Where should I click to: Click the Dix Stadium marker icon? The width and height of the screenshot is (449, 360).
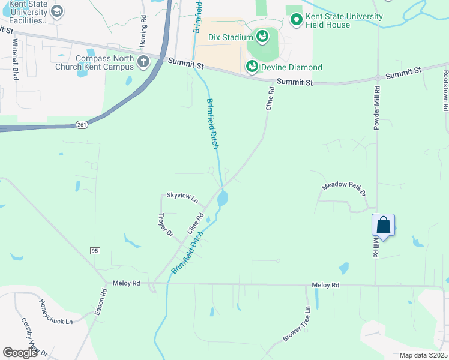pos(262,37)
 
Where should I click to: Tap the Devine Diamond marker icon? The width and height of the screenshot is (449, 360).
pos(252,67)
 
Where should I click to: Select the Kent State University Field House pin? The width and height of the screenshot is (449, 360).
pos(296,20)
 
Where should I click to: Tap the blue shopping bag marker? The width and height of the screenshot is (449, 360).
pos(384,226)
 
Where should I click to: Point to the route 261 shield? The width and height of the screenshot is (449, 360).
pos(82,125)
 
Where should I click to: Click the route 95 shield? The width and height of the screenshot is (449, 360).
pos(95,250)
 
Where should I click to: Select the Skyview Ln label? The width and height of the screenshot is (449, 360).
pos(182,197)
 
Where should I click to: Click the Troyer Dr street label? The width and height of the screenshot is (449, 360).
pos(165,224)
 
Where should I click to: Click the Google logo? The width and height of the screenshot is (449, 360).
pos(20,353)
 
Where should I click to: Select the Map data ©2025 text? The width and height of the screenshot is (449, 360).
pos(423,355)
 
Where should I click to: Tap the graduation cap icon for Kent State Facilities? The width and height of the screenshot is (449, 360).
pos(56,11)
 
